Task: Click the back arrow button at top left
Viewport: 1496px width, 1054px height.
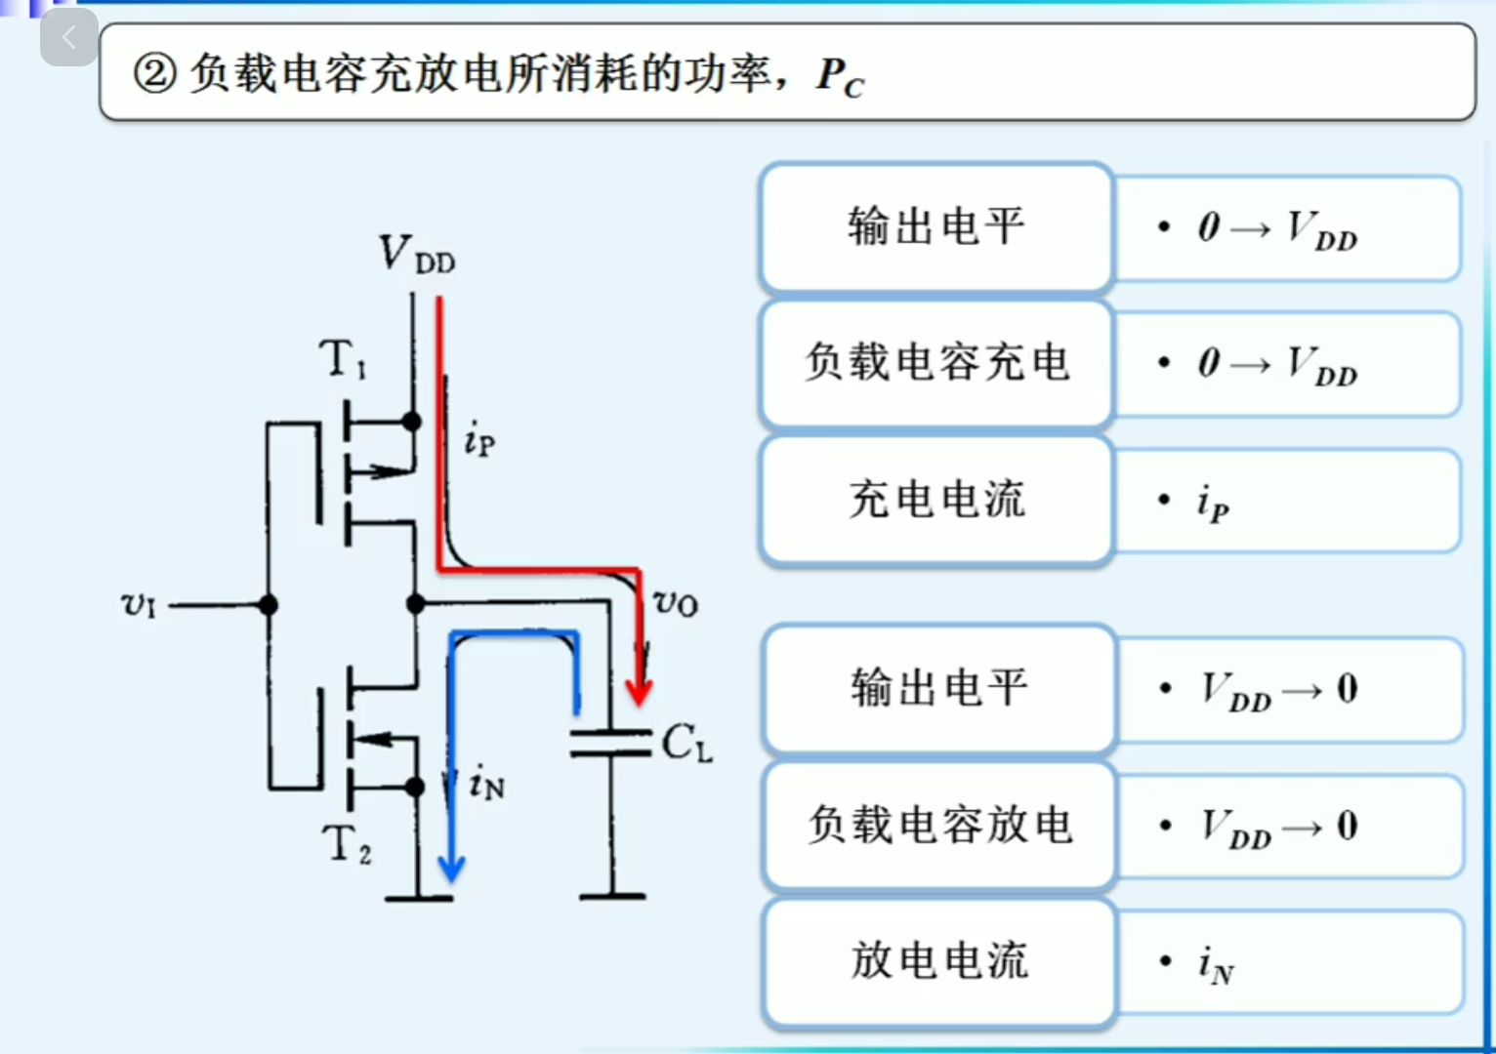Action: (x=68, y=38)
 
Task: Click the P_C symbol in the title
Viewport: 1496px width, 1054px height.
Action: (x=840, y=76)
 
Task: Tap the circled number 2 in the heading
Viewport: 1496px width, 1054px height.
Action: (x=155, y=73)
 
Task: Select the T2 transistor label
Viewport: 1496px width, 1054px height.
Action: (x=347, y=843)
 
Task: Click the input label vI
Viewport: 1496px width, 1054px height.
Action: (x=138, y=605)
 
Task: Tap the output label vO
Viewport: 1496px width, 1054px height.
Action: (x=675, y=602)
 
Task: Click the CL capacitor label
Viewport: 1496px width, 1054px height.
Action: (x=686, y=744)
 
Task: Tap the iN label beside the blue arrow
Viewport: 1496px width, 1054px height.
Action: (x=486, y=784)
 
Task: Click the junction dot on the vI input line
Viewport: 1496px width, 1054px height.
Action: (x=269, y=605)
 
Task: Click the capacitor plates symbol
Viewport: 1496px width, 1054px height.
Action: (x=611, y=742)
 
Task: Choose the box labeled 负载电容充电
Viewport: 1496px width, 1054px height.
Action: (x=936, y=363)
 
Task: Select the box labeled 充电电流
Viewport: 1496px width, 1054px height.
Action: (x=936, y=500)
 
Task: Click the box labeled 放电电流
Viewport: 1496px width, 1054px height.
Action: (x=938, y=961)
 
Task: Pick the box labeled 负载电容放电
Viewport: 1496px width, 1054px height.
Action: (x=938, y=826)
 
